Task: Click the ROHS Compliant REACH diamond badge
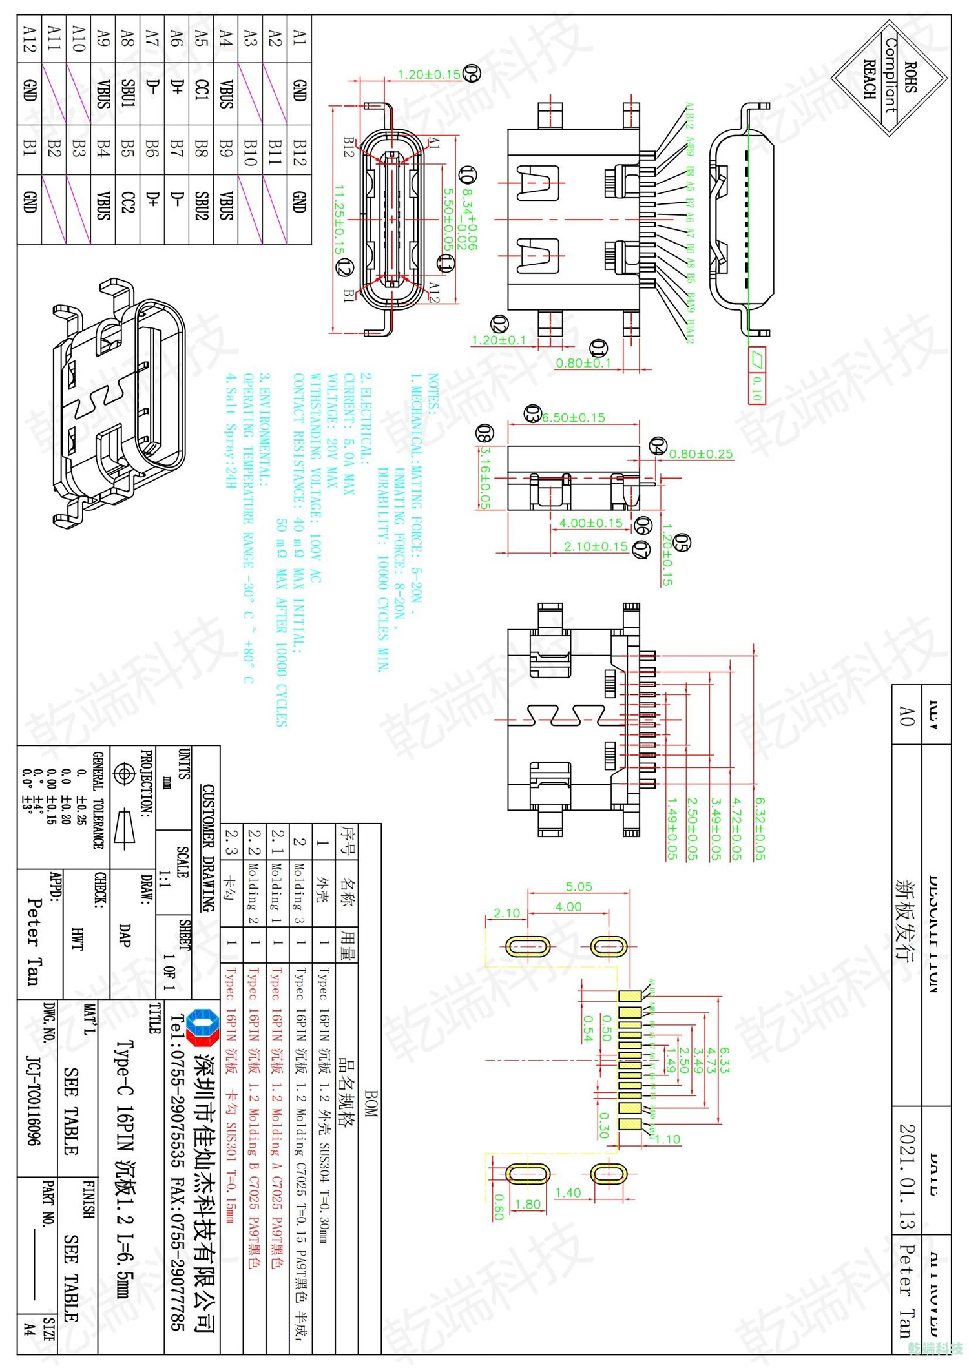tap(889, 78)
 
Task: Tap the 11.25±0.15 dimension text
tap(340, 220)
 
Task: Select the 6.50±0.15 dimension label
tap(573, 418)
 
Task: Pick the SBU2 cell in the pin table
tap(201, 205)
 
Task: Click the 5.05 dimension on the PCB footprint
tap(578, 886)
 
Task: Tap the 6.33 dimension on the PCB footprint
tap(724, 1060)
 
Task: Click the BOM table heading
tap(370, 1104)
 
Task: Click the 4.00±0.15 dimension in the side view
tap(590, 523)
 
